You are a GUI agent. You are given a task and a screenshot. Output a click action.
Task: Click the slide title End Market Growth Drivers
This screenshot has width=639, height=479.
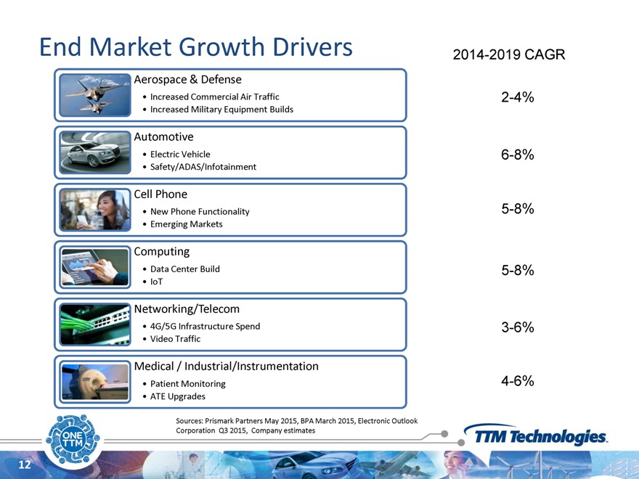(x=196, y=47)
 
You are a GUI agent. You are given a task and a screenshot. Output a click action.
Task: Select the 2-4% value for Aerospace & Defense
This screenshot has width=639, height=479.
(x=518, y=97)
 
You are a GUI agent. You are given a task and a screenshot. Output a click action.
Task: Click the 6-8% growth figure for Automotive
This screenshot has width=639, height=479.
(x=518, y=155)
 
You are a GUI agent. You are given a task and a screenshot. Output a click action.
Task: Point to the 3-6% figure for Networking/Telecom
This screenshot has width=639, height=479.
(x=518, y=327)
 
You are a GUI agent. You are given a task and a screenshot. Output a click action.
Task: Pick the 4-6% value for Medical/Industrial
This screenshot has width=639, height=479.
(x=518, y=381)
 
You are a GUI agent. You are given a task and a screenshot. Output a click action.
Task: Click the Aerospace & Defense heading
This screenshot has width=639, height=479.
(x=188, y=79)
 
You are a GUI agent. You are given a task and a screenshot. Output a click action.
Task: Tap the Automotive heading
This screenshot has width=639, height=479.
(x=163, y=136)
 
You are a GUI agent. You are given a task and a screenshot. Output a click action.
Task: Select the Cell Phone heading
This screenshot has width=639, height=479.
(x=160, y=194)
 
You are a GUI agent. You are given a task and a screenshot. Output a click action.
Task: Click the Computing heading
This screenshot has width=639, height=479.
(x=162, y=251)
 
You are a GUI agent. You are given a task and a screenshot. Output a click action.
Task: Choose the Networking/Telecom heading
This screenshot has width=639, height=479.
(x=187, y=308)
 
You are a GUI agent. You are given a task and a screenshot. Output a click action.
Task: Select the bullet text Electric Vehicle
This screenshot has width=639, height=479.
(x=180, y=154)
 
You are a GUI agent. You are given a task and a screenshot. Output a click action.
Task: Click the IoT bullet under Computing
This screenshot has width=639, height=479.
(x=156, y=281)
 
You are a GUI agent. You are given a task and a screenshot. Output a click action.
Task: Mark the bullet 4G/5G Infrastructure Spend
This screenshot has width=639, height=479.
(x=205, y=326)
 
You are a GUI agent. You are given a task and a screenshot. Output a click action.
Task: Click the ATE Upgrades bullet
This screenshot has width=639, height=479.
(x=178, y=396)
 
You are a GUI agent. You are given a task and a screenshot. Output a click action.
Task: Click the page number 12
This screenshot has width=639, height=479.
(x=24, y=464)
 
